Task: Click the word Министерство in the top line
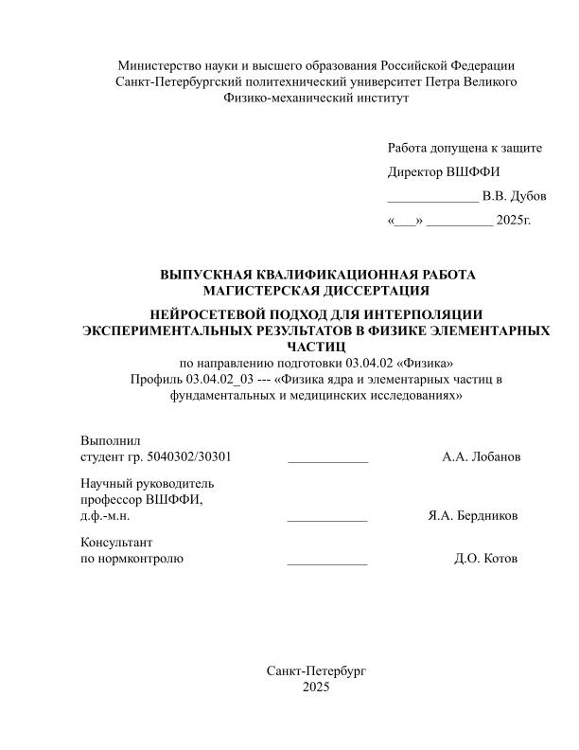[x=157, y=65]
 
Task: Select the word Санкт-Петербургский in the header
[x=175, y=81]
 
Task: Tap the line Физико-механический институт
[x=316, y=97]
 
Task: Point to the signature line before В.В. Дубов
[x=432, y=199]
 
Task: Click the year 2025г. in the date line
[x=514, y=221]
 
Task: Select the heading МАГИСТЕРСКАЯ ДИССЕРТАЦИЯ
[x=316, y=290]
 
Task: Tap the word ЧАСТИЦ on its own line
[x=316, y=347]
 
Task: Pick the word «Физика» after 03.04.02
[x=418, y=364]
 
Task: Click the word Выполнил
[x=111, y=441]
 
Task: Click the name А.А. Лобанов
[x=481, y=457]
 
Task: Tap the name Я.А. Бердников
[x=473, y=516]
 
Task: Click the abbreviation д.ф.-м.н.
[x=105, y=516]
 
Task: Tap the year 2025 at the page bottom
[x=316, y=687]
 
